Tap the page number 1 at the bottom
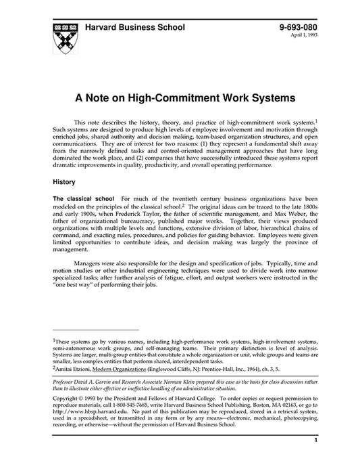[316, 459]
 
